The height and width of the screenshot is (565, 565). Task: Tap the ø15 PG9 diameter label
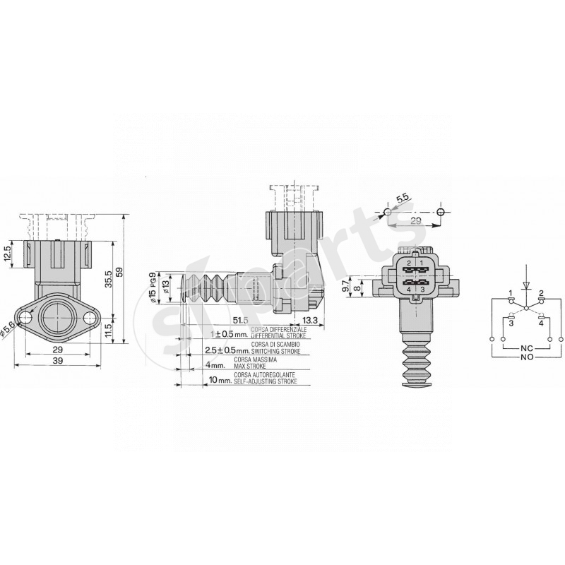tap(152, 286)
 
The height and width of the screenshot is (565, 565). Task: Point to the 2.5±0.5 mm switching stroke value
tap(227, 350)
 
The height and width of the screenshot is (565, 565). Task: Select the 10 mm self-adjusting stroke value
tap(220, 380)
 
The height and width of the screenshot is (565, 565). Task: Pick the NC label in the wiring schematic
tap(525, 349)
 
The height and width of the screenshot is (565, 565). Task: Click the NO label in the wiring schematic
tap(525, 357)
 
